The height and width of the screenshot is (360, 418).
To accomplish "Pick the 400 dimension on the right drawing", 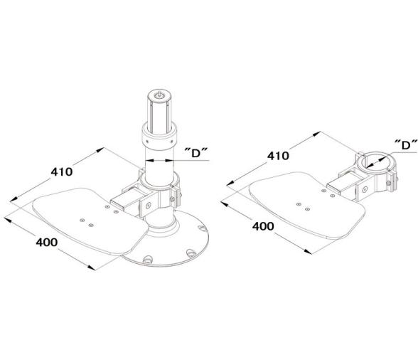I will pyautogui.click(x=263, y=227).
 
